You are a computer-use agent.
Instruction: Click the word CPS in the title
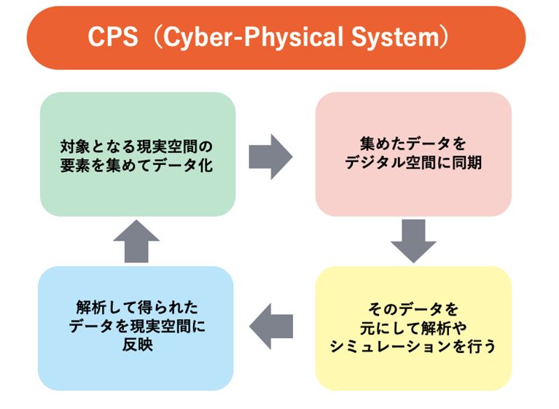(113, 36)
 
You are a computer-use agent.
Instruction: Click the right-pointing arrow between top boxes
(270, 157)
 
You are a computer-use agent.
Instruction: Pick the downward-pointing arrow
(413, 241)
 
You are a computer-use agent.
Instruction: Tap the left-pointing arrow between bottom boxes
(271, 327)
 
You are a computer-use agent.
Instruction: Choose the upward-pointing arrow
(136, 241)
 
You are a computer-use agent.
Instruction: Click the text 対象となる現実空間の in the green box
(136, 147)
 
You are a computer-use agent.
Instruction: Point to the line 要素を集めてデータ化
(136, 165)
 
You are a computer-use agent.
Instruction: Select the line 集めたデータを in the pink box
(413, 144)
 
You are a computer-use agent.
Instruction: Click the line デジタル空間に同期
(413, 163)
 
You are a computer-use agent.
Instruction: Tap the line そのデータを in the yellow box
(413, 309)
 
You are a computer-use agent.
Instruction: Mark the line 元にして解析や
(413, 327)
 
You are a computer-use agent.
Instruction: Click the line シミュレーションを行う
(413, 346)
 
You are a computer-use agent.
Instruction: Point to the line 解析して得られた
(137, 308)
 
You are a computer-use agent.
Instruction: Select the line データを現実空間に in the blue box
(137, 326)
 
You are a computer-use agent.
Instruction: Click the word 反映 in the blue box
(137, 345)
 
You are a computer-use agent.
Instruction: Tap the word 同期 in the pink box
(466, 163)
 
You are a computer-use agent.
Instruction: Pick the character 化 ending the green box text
(206, 165)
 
